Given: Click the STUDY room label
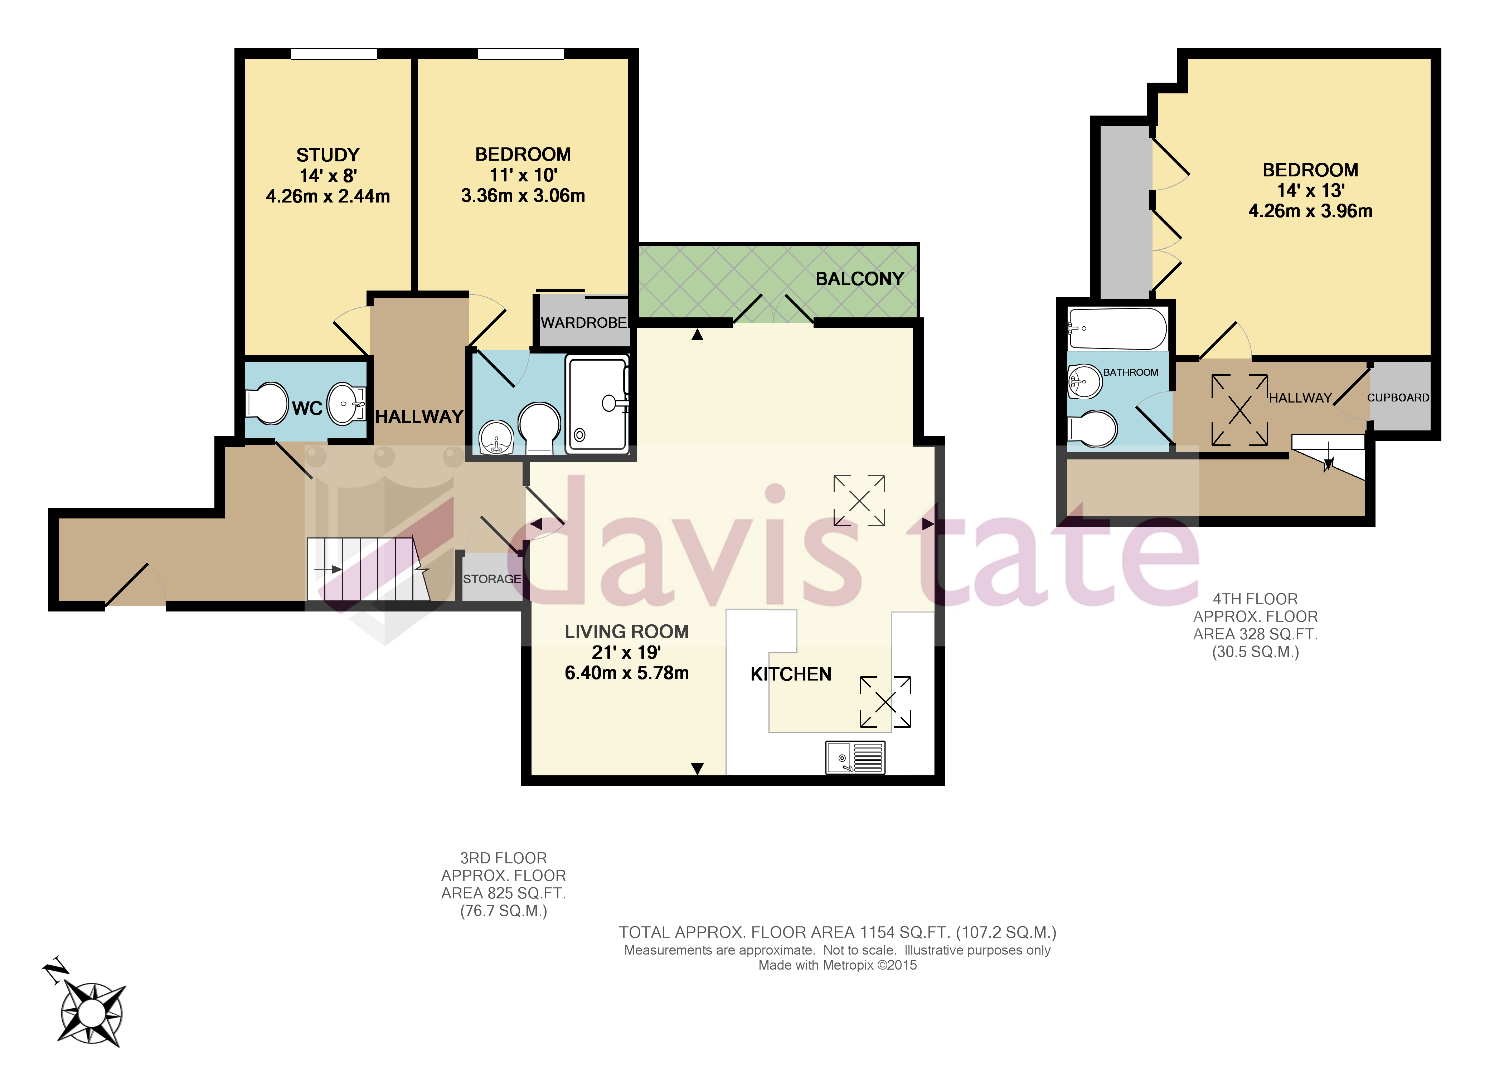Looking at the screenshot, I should pos(328,155).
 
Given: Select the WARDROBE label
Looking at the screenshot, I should pos(583,323).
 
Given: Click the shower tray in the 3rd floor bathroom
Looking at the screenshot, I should pos(597,404).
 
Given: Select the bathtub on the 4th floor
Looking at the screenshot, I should pos(1117,329).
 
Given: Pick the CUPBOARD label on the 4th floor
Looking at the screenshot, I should pos(1398,398).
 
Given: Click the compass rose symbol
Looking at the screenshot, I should pos(92,1013).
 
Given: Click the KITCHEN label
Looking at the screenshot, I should pos(790,674).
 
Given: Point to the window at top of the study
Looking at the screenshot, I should pos(334,54).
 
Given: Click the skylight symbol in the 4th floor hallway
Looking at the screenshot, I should pos(1239,410).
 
